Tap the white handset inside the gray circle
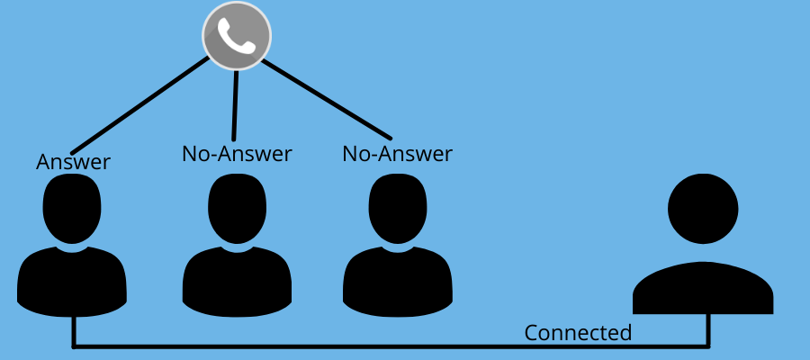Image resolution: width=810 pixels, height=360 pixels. click(237, 36)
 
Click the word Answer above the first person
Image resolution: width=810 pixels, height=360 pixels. click(73, 162)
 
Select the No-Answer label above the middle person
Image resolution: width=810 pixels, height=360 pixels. click(237, 154)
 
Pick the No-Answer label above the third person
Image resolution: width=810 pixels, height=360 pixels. click(397, 154)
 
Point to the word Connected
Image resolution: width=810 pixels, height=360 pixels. click(578, 333)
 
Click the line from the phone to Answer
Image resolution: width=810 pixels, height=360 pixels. click(140, 106)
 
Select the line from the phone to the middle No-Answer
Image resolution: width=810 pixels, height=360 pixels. click(235, 106)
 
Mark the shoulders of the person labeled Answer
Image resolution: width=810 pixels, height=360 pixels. click(72, 279)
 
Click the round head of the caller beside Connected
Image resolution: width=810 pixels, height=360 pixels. click(703, 208)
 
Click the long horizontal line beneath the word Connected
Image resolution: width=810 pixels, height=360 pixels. click(387, 346)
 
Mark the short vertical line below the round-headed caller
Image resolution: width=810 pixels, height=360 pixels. click(709, 329)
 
